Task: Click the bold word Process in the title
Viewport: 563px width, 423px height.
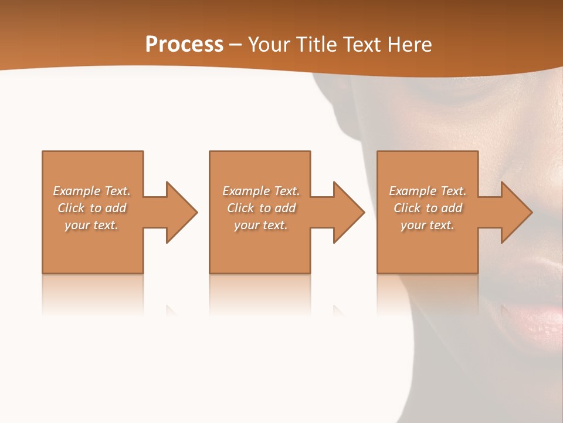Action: coord(184,45)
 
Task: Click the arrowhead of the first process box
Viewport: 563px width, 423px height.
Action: coord(182,212)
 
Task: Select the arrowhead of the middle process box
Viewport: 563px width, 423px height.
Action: coord(349,212)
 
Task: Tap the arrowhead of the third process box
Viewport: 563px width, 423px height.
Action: coord(516,212)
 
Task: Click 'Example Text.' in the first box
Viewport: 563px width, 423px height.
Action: coord(91,191)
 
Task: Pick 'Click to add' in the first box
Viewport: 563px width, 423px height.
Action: coord(91,208)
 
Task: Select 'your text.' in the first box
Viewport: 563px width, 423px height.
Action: coord(91,225)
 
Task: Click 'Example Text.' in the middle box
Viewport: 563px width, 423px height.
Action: coord(261,191)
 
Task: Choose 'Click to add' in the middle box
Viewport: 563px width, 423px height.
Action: coord(261,208)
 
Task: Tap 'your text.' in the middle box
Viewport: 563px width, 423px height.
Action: coord(261,225)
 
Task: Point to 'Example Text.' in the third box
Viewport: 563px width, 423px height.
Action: coord(428,191)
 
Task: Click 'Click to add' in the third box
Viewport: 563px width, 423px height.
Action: coord(428,208)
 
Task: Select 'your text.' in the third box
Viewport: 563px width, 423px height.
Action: coord(428,225)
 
